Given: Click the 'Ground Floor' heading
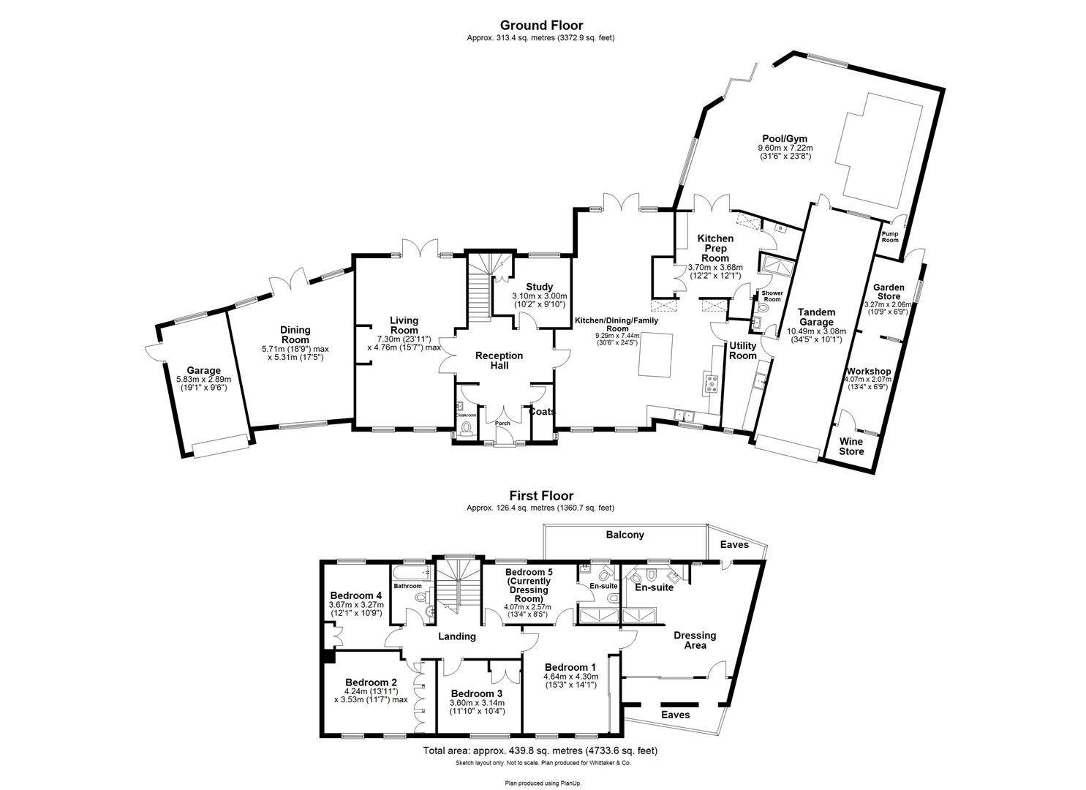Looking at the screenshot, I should tap(541, 26).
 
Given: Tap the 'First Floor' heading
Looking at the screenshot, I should tap(541, 495).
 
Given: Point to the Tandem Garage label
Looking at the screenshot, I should tap(816, 317).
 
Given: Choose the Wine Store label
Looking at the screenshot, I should tap(851, 446).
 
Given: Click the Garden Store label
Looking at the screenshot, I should tap(889, 292).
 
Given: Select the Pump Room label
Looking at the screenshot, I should tap(890, 237).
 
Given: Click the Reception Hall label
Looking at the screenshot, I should tap(499, 360).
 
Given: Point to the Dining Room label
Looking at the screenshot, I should tap(295, 335).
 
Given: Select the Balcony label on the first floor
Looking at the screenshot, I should tap(625, 535).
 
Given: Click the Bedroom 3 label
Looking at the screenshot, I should tap(476, 693).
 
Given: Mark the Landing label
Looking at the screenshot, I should tap(456, 636).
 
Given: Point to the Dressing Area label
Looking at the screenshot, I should tap(694, 640).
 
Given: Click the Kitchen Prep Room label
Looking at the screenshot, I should tap(714, 248).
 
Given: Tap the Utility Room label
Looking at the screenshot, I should tap(742, 350).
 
